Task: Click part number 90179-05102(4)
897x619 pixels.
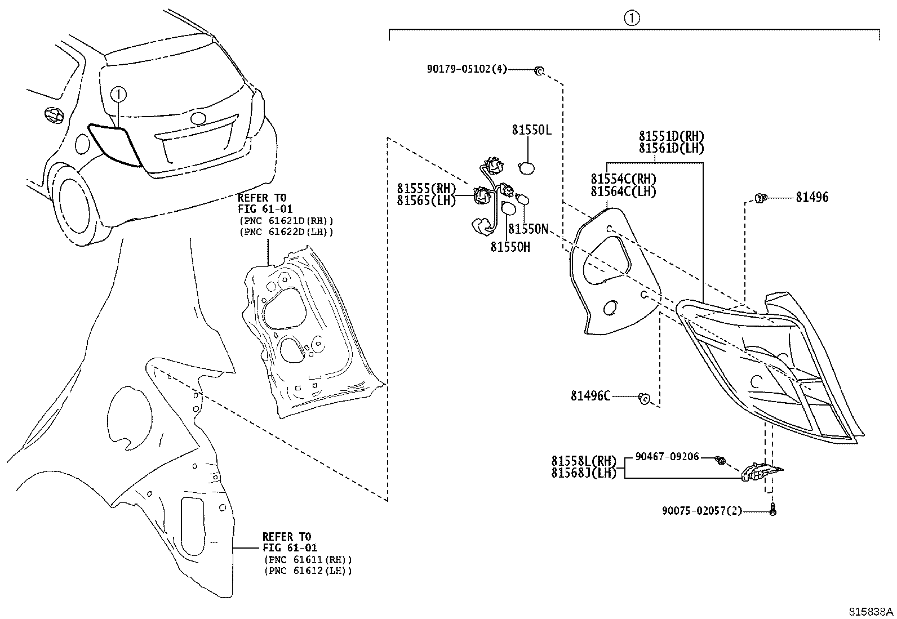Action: [467, 69]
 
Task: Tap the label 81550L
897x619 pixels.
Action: [531, 130]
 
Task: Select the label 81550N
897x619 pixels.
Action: [528, 229]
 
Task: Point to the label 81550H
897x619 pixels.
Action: [510, 247]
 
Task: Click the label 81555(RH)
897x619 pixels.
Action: [426, 190]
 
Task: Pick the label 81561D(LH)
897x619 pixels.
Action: [671, 148]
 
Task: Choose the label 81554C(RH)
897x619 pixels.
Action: [623, 179]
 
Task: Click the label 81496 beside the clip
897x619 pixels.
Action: [812, 198]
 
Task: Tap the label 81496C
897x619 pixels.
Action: [590, 397]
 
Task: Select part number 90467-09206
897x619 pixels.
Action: [667, 457]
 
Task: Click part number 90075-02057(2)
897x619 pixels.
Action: [701, 511]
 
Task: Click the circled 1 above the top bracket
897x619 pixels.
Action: [632, 19]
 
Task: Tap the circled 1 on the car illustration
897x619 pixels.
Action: [118, 94]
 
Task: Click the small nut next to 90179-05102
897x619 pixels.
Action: [539, 70]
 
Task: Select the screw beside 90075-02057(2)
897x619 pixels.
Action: [772, 510]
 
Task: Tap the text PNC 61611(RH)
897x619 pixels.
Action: [307, 559]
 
